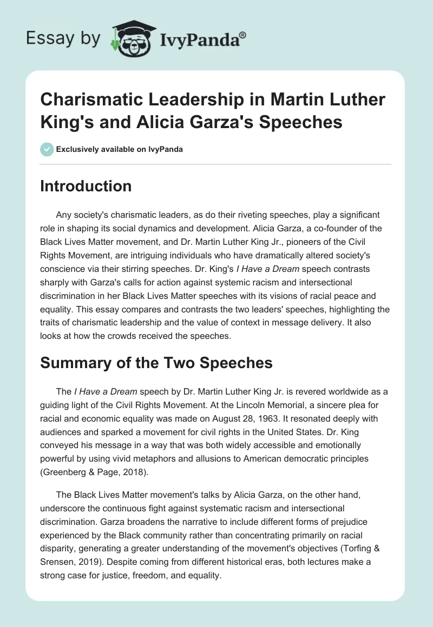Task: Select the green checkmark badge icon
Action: coord(47,149)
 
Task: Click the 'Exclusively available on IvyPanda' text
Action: coord(120,150)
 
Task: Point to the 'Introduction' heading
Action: coord(86,186)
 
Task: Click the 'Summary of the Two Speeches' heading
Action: coord(156,363)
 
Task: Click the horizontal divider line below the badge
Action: coord(216,164)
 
